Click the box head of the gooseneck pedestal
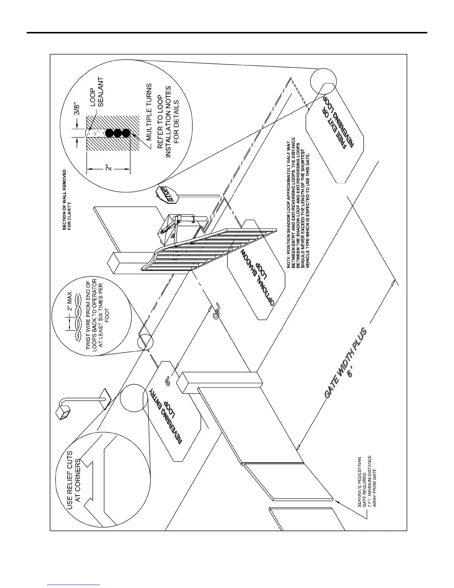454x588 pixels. tap(62, 412)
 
